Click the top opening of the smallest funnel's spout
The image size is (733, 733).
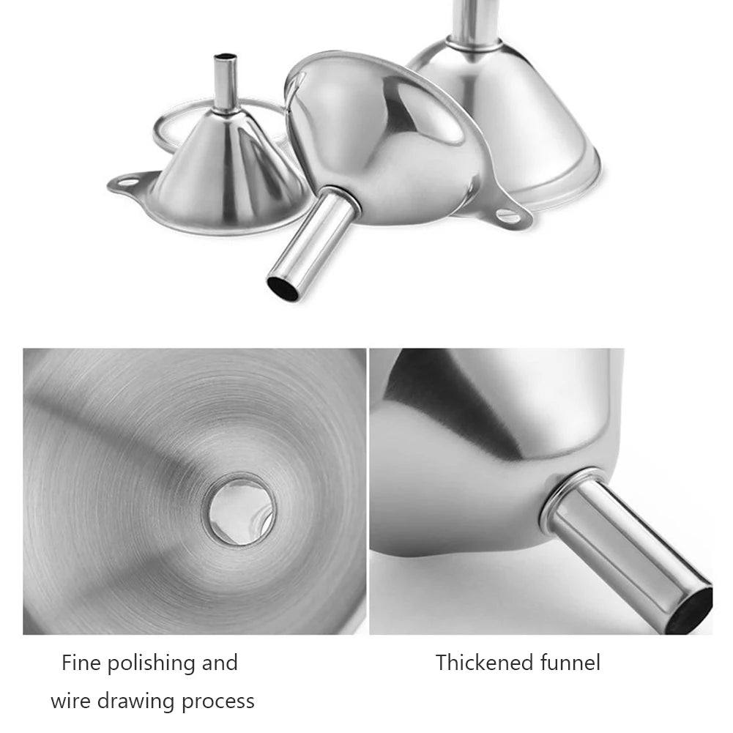tap(226, 56)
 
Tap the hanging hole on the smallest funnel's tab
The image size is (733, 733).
tap(127, 182)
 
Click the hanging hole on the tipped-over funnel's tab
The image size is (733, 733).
tap(507, 215)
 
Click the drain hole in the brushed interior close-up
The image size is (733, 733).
tap(241, 510)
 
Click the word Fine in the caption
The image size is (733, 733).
tap(81, 663)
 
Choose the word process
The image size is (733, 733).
tap(218, 702)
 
